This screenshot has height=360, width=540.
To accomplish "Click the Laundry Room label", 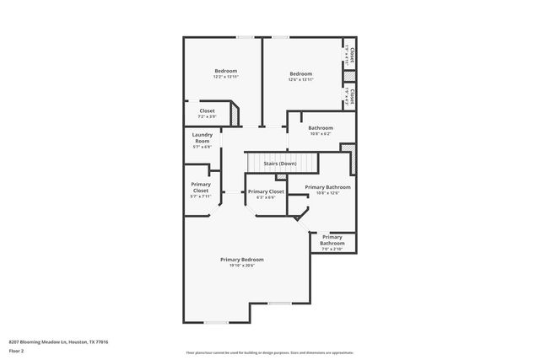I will [x=202, y=137].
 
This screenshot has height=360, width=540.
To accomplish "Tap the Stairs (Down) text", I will [x=279, y=163].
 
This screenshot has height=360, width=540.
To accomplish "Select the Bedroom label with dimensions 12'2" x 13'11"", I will [x=225, y=71].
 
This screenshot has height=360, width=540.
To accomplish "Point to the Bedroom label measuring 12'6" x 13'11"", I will [x=300, y=74].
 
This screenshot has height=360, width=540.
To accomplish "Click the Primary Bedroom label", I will [x=242, y=259].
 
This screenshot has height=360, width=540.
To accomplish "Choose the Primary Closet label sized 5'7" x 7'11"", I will [x=201, y=187].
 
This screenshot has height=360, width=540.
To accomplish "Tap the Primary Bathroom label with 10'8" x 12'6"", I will [x=327, y=187].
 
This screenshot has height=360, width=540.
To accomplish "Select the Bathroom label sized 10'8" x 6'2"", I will [x=320, y=128].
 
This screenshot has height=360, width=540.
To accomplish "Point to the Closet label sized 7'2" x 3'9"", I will [x=207, y=110].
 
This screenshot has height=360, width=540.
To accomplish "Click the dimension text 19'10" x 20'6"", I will [x=242, y=266].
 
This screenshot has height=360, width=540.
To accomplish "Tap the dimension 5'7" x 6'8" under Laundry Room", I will [x=202, y=147].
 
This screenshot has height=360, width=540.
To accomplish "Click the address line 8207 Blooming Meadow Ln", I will [x=58, y=341].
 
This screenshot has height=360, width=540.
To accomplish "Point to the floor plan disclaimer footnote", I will [x=269, y=352].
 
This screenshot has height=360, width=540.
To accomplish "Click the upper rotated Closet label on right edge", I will [x=351, y=55].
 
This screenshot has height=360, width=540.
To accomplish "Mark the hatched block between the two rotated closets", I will [x=350, y=76].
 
